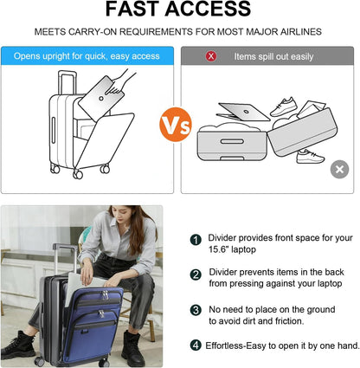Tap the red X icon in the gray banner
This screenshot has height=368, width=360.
point(210,56)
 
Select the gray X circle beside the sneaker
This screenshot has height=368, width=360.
point(339,169)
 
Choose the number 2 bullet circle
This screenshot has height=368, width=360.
point(196,274)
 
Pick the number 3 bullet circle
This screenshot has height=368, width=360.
point(196,310)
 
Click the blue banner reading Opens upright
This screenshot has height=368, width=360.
point(86,56)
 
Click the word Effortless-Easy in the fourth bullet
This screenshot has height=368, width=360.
point(236,345)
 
